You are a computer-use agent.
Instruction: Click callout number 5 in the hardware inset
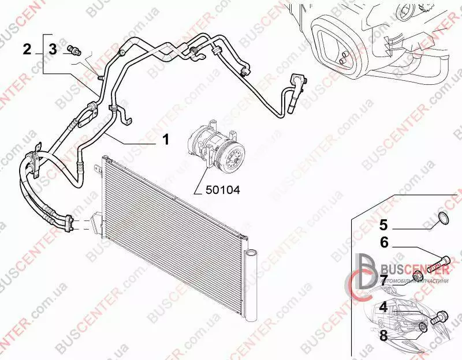point(383,224)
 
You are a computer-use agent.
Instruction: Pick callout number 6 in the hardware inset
point(383,243)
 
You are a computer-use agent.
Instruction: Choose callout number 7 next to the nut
point(383,280)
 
